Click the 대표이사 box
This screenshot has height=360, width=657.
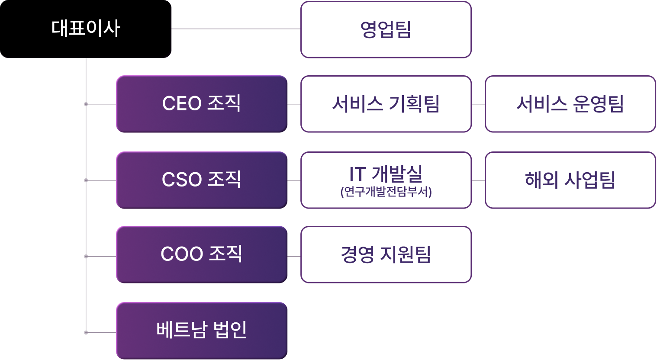point(85,29)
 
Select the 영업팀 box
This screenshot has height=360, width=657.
point(386,29)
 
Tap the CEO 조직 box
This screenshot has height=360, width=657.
point(202,104)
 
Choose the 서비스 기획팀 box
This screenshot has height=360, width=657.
point(386,104)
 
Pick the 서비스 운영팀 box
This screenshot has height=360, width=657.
point(570,104)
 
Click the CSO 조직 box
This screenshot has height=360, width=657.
point(202,180)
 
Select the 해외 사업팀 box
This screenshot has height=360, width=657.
point(570,180)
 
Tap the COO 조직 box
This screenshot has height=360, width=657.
point(202,254)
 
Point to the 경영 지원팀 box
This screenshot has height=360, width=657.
point(386,254)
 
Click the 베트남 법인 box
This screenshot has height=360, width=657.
point(202,331)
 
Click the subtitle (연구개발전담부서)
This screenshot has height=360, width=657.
point(386,192)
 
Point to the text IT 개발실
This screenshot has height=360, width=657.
point(386,174)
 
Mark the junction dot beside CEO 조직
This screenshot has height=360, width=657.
point(86,104)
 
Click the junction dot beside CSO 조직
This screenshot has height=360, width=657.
point(86,180)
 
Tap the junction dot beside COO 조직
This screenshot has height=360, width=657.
point(86,257)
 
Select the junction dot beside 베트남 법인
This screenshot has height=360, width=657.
point(86,333)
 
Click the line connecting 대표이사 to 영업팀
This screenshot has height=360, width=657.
point(236,29)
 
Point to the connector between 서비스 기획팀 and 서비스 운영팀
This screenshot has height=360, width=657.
point(478,104)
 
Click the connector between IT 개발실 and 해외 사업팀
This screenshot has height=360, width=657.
point(478,180)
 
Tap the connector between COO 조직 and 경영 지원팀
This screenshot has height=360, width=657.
point(294,257)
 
